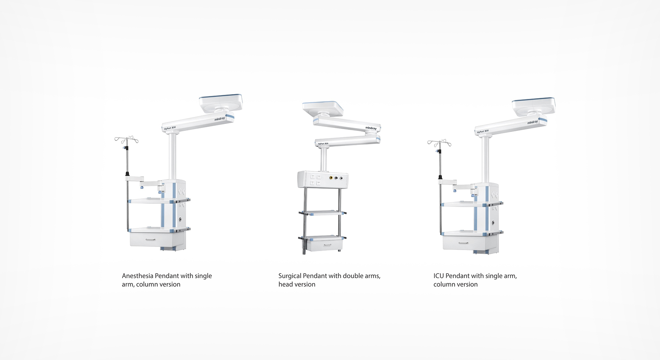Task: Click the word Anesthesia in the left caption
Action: point(138,276)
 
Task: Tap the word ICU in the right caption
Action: point(439,276)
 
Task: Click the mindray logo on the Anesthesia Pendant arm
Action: point(220,119)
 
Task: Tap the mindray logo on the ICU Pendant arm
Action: point(532,122)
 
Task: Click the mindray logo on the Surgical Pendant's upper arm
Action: point(371,128)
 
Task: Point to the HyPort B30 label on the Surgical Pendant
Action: point(323,143)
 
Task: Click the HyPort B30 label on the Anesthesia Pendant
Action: point(170,128)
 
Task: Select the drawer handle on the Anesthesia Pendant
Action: point(150,240)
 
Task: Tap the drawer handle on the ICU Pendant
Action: point(463,243)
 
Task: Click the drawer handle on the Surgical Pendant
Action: point(327,245)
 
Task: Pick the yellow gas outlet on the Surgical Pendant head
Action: point(331,178)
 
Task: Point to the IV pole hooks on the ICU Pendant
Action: point(439,143)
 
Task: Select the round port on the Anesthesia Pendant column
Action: point(180,219)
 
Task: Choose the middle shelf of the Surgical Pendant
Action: point(322,213)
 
